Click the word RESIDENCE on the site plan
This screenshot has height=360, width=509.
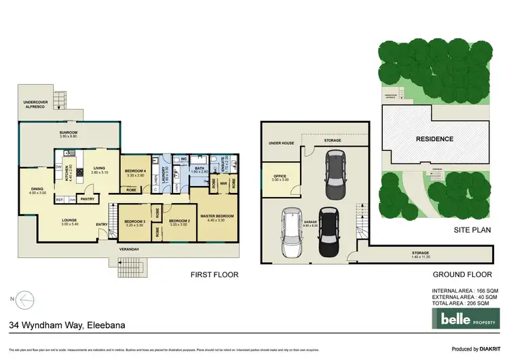tap(434, 139)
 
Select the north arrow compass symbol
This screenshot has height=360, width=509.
tap(23, 298)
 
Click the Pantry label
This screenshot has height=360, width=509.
tap(87, 199)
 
